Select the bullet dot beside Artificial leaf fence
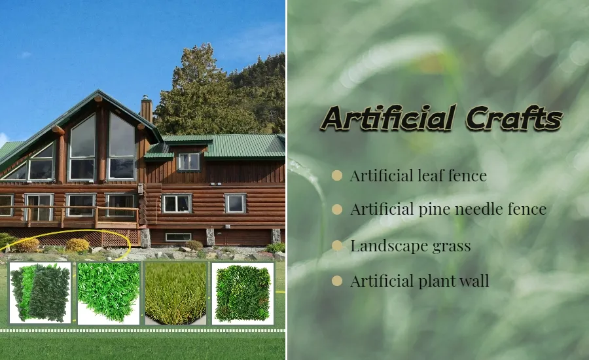pyautogui.click(x=337, y=175)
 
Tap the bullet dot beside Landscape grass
pyautogui.click(x=337, y=246)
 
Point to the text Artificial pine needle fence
pyautogui.click(x=448, y=210)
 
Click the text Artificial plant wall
pyautogui.click(x=419, y=281)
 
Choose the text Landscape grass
pyautogui.click(x=410, y=246)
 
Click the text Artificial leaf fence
pyautogui.click(x=418, y=175)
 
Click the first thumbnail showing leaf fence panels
pyautogui.click(x=40, y=293)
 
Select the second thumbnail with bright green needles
pyautogui.click(x=108, y=293)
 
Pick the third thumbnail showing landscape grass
pyautogui.click(x=175, y=293)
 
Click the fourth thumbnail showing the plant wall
pyautogui.click(x=243, y=293)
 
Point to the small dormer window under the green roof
pyautogui.click(x=188, y=161)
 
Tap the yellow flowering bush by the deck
pyautogui.click(x=77, y=245)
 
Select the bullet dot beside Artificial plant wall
pyautogui.click(x=337, y=281)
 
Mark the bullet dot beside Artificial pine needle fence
pyautogui.click(x=337, y=210)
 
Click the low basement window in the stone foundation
pyautogui.click(x=177, y=237)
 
